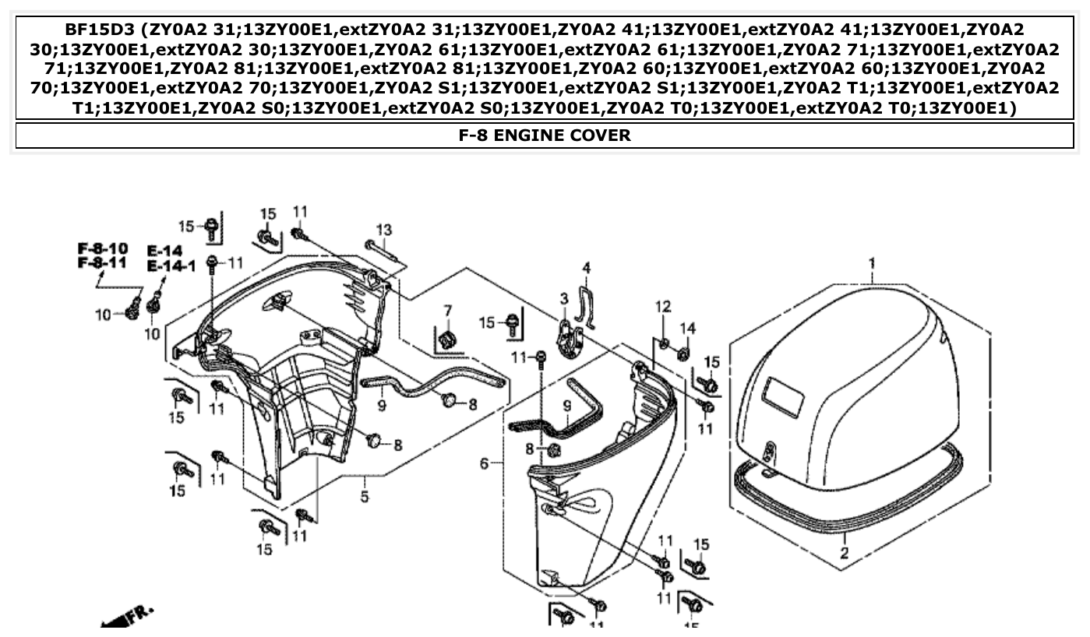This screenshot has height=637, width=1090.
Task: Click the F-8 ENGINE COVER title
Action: point(544,135)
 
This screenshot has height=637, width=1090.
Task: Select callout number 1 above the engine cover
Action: point(872,263)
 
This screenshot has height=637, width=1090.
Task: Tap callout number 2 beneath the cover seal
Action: point(844,554)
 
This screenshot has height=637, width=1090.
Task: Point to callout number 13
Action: point(383,230)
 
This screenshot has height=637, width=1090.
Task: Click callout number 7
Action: point(447,311)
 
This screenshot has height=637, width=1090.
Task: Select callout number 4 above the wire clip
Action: point(587,269)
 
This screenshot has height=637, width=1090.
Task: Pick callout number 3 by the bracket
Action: point(563,298)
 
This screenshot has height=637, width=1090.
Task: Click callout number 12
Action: point(662,307)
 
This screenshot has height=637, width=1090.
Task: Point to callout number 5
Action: point(364,497)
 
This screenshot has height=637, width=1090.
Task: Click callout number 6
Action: point(485,464)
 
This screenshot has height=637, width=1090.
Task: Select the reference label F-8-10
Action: point(102,248)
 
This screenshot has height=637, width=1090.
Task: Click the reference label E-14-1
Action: point(171,266)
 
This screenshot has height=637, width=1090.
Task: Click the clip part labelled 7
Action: point(447,339)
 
